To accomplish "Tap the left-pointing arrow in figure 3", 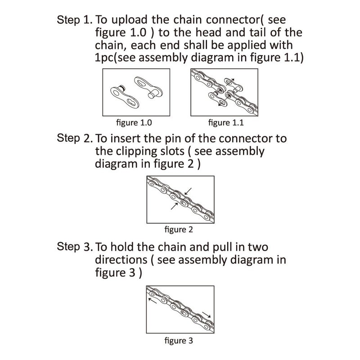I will [152, 301].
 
